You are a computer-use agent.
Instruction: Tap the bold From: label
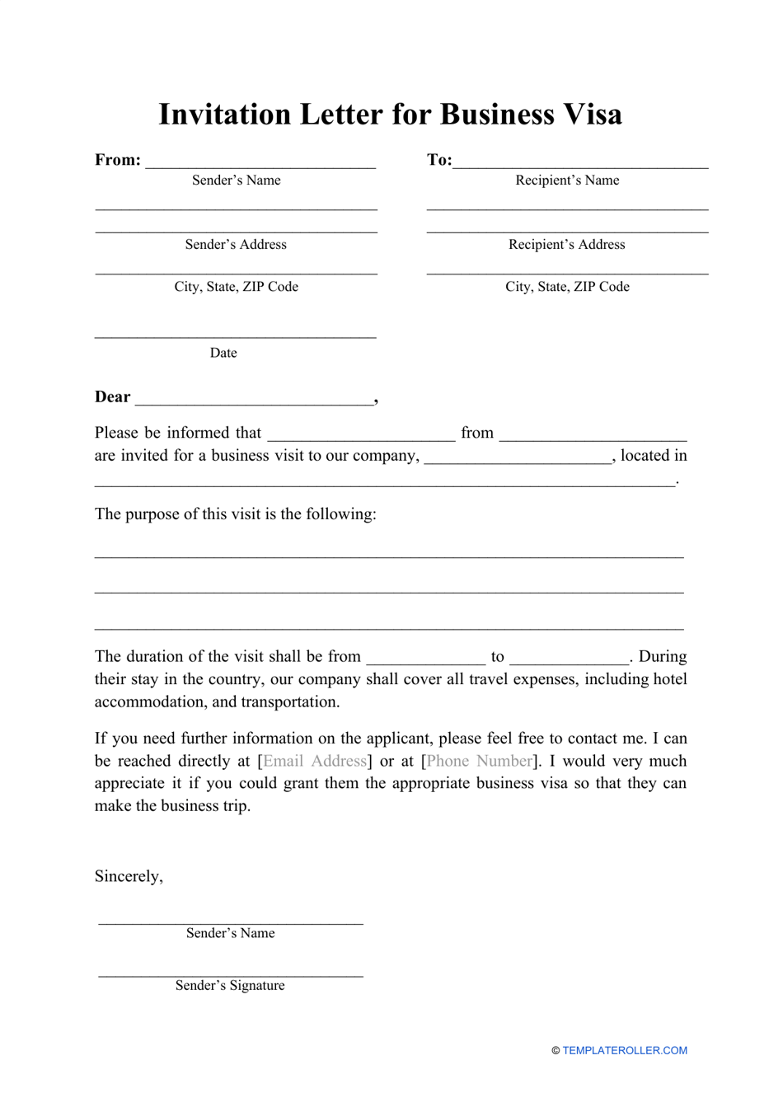point(118,160)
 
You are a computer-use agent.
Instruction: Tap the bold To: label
point(439,160)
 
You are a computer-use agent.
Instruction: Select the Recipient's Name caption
point(567,181)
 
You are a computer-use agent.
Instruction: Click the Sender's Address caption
point(236,245)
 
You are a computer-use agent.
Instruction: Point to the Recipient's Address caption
point(567,245)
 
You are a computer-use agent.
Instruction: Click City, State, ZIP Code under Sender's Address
point(236,287)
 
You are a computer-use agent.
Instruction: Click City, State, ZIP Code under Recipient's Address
point(567,287)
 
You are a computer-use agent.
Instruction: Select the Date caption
point(223,353)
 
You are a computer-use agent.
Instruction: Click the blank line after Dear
point(254,400)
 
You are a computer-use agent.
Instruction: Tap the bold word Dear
point(112,397)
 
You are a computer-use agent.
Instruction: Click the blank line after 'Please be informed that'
point(361,435)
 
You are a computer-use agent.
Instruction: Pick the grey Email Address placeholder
point(315,761)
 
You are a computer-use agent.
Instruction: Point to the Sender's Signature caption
point(230,986)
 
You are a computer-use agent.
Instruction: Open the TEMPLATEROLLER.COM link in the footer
point(625,1051)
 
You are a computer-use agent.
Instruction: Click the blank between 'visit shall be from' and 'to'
point(426,659)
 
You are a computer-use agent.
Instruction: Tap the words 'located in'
point(654,456)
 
